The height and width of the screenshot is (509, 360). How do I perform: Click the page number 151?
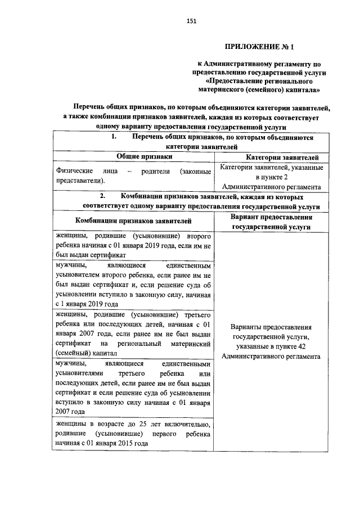[x=191, y=21]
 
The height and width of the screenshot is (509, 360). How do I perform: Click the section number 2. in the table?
[x=103, y=197]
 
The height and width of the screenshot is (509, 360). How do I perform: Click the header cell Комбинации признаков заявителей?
[x=133, y=222]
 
